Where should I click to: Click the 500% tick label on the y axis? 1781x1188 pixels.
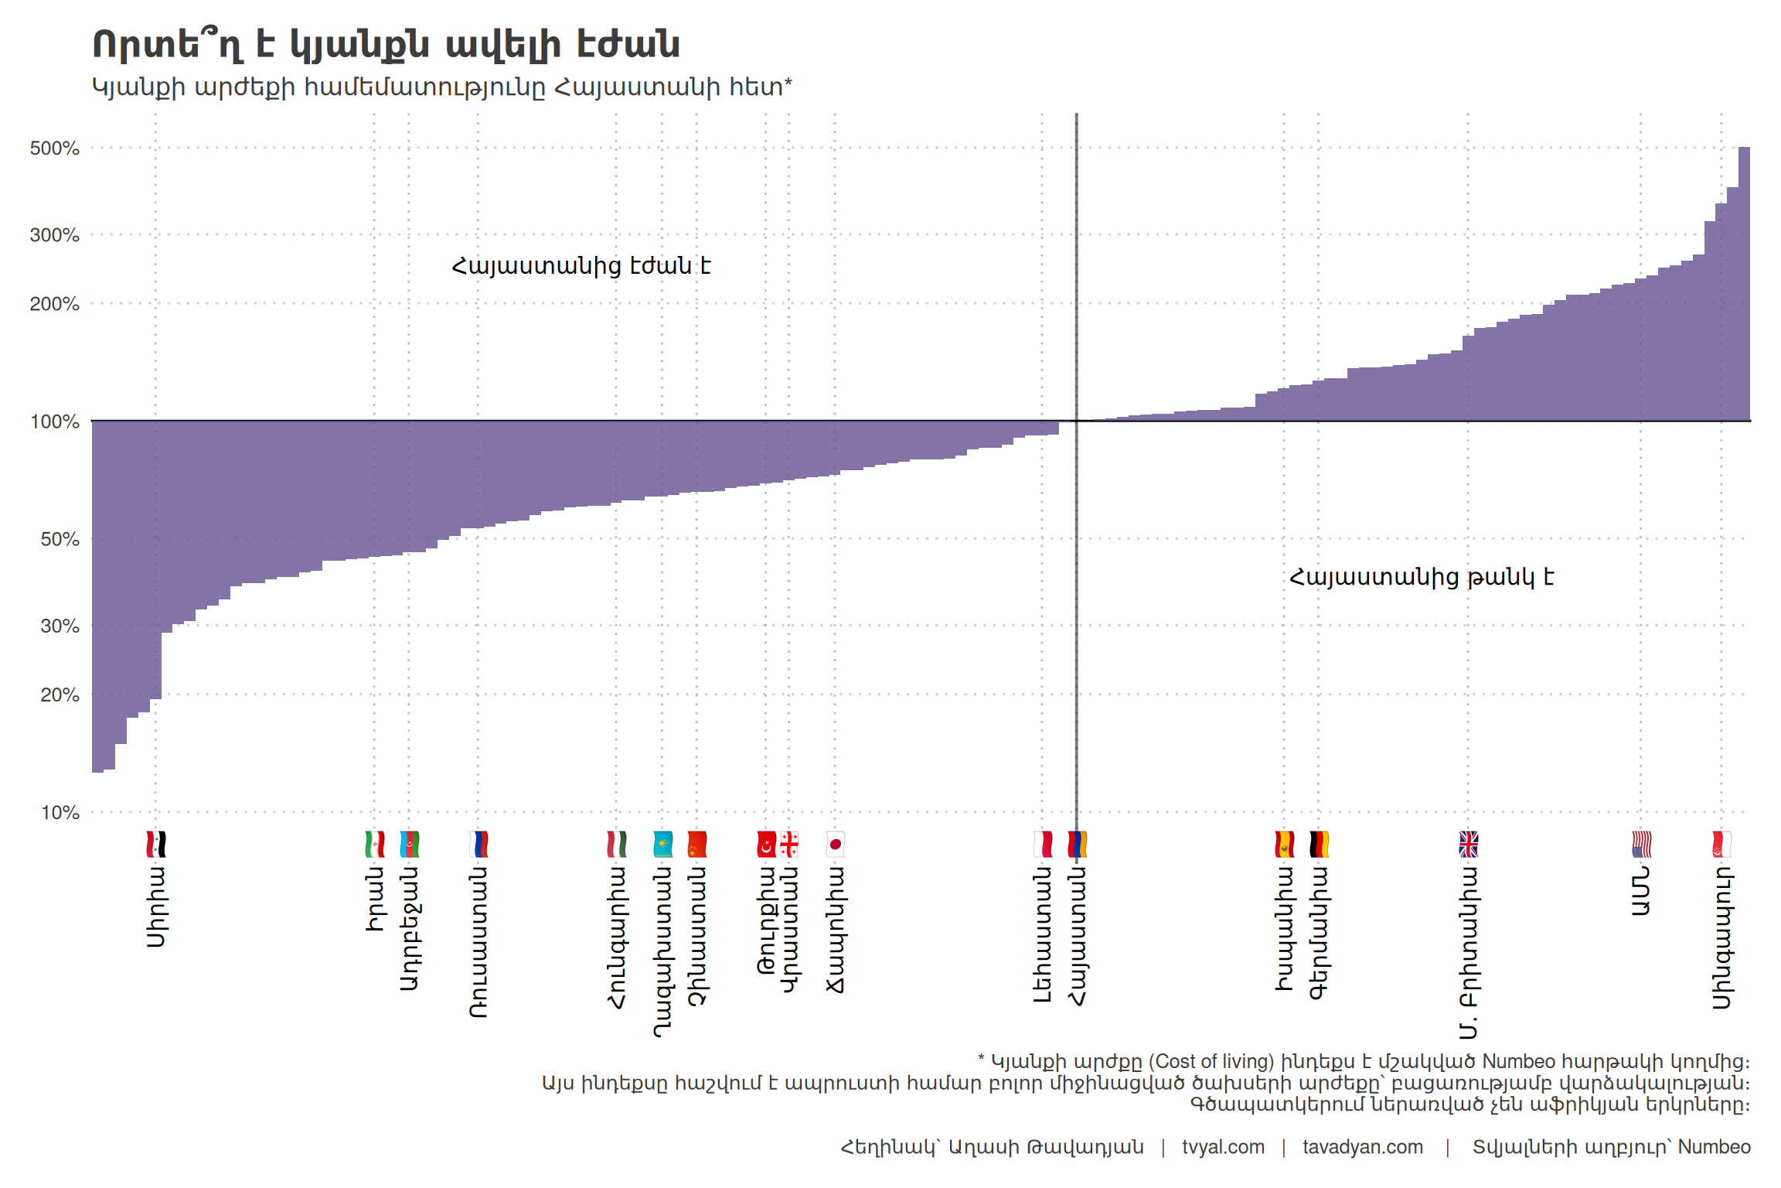click(54, 148)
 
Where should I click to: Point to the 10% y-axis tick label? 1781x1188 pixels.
click(60, 812)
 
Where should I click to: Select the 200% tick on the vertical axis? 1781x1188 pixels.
click(54, 304)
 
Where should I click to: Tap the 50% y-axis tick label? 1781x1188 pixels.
click(60, 539)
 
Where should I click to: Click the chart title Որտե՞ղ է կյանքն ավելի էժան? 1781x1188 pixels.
click(386, 44)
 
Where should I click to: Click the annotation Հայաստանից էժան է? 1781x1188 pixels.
click(581, 266)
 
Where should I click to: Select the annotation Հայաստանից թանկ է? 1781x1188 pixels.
click(1421, 577)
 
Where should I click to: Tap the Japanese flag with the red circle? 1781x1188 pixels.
click(835, 844)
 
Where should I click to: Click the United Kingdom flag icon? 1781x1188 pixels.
click(1468, 844)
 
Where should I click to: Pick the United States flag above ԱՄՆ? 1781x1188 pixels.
click(1641, 844)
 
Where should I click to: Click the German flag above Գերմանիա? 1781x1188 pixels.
click(1319, 844)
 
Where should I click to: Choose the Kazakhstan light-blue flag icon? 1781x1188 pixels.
click(662, 844)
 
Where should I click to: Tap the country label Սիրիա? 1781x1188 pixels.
click(156, 906)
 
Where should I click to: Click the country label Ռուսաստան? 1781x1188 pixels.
click(478, 941)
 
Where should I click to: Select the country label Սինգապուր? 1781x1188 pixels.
click(1721, 937)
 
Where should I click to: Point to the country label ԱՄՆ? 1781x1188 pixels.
click(1641, 891)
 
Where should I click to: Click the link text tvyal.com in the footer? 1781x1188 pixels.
click(1223, 1147)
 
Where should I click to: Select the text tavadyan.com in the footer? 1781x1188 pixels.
click(1362, 1147)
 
